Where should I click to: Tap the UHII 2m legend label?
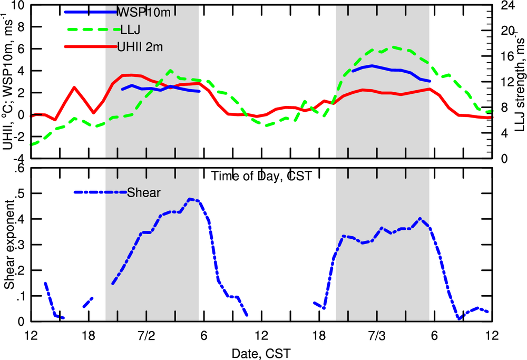pos(140,47)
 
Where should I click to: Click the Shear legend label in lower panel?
pos(144,192)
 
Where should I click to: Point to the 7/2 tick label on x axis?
pos(146,335)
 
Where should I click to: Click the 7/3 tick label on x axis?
pos(377,335)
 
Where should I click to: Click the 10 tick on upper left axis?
pos(18,6)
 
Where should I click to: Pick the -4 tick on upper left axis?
pos(18,158)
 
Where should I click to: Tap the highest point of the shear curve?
pos(190,199)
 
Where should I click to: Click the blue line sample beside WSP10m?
pos(90,12)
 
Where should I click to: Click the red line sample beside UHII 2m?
pos(90,47)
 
